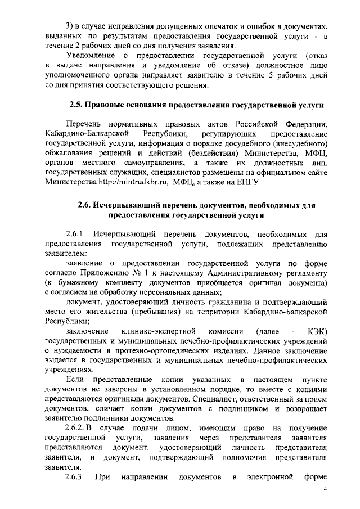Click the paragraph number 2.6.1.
pyautogui.click(x=76, y=233)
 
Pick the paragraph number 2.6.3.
pyautogui.click(x=76, y=479)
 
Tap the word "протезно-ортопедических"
pyautogui.click(x=143, y=350)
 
